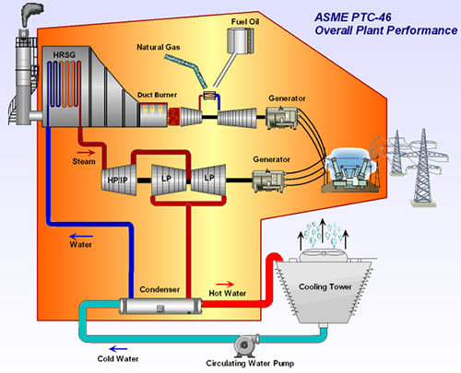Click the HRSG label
64,55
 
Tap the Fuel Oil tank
241,41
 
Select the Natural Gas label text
159,47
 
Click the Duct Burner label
157,95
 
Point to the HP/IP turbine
119,180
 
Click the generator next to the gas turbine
282,118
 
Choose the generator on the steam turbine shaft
268,181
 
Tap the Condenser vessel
160,306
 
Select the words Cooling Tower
325,286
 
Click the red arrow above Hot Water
225,285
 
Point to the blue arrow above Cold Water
118,349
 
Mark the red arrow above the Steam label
86,152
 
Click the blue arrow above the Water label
81,237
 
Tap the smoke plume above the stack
31,14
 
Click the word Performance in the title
422,30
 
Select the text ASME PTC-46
353,17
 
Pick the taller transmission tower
423,167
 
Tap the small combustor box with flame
210,96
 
